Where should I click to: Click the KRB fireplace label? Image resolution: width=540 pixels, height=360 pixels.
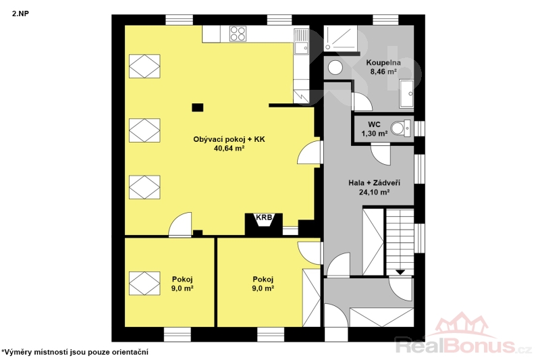click(264, 217)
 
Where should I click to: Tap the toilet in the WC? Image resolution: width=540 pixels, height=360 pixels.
click(401, 128)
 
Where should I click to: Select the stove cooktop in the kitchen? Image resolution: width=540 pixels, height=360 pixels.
click(238, 33)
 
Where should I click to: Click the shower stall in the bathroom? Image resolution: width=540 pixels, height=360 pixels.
click(342, 38)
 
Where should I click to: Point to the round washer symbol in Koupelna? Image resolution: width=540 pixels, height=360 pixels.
click(335, 67)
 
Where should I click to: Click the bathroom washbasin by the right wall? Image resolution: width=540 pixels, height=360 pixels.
click(407, 93)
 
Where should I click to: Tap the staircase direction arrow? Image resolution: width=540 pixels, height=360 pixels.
click(400, 272)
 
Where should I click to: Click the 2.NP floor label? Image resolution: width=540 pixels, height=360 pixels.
click(21, 14)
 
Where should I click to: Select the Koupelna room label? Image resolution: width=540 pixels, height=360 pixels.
click(383, 63)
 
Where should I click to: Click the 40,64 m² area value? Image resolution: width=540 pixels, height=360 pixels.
click(229, 149)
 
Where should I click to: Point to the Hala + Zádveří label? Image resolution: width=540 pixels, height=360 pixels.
click(375, 183)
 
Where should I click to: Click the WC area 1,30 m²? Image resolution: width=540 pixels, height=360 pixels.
click(375, 133)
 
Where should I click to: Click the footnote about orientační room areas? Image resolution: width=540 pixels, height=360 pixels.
click(75, 352)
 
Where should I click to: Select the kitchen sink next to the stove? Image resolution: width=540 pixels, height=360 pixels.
click(301, 41)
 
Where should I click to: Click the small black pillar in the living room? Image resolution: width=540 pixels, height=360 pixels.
click(198, 107)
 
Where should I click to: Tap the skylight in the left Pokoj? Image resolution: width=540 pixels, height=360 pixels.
click(144, 283)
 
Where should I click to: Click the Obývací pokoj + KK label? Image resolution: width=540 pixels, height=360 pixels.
click(229, 140)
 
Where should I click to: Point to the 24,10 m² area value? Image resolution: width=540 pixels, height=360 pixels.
click(375, 192)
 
